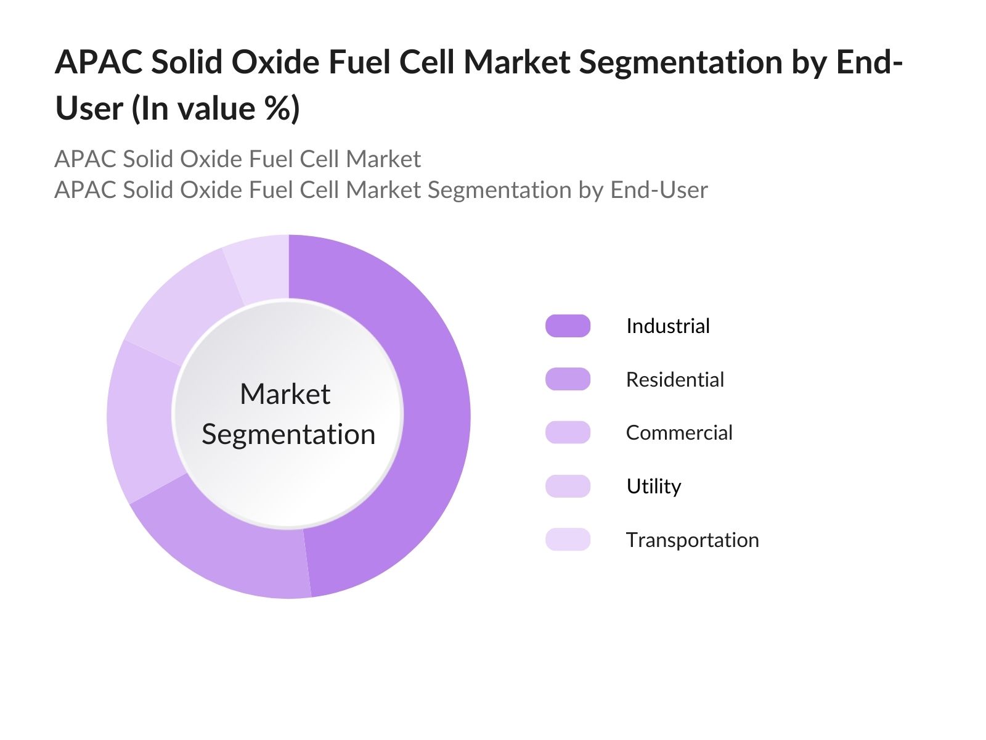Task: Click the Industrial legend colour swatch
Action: (568, 326)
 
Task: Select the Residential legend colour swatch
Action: (568, 379)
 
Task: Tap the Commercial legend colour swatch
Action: (568, 432)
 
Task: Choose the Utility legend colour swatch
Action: (568, 486)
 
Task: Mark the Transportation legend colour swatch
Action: (568, 540)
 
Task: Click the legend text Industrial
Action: (667, 326)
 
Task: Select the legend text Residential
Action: (675, 379)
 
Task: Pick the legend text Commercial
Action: (679, 432)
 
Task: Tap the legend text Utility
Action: (653, 486)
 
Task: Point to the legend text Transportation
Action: (692, 540)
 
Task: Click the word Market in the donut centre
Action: (285, 394)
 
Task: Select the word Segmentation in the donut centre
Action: (288, 434)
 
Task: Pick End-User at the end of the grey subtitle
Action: (659, 190)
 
